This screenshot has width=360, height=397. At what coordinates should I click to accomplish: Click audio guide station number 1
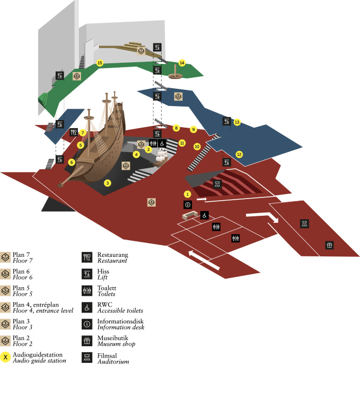pos(187,194)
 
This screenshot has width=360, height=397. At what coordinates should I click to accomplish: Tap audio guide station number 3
pos(108,183)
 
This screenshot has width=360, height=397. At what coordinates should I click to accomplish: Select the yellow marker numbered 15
pos(99,63)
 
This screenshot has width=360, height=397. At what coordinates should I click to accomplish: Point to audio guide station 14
pos(182,63)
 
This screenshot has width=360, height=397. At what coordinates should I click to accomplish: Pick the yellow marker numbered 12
pos(239,154)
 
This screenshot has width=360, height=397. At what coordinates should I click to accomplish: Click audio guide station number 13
pos(237,122)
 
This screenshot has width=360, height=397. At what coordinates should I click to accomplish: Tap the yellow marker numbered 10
pos(197,147)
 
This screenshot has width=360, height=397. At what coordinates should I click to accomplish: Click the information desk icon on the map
pos(188,204)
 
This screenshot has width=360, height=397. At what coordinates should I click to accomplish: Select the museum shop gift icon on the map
pos(329,245)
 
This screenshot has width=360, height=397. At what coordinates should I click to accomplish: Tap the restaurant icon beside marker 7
pos(74,132)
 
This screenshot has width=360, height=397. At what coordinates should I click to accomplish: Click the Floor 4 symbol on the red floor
pos(151,202)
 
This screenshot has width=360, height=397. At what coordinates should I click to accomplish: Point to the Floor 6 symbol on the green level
pos(77,76)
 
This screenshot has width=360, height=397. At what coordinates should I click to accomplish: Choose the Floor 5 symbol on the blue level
pos(178,96)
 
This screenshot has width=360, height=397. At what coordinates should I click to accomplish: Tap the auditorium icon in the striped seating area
pos(217,184)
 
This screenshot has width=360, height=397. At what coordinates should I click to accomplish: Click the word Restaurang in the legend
pos(112,255)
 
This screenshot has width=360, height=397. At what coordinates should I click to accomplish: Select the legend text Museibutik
pos(112,338)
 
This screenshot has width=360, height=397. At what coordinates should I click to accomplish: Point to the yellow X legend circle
pos(5,358)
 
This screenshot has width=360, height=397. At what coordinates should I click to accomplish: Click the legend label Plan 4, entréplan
pos(36,305)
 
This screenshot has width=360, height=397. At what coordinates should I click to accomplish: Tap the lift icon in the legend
pos(87,274)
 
